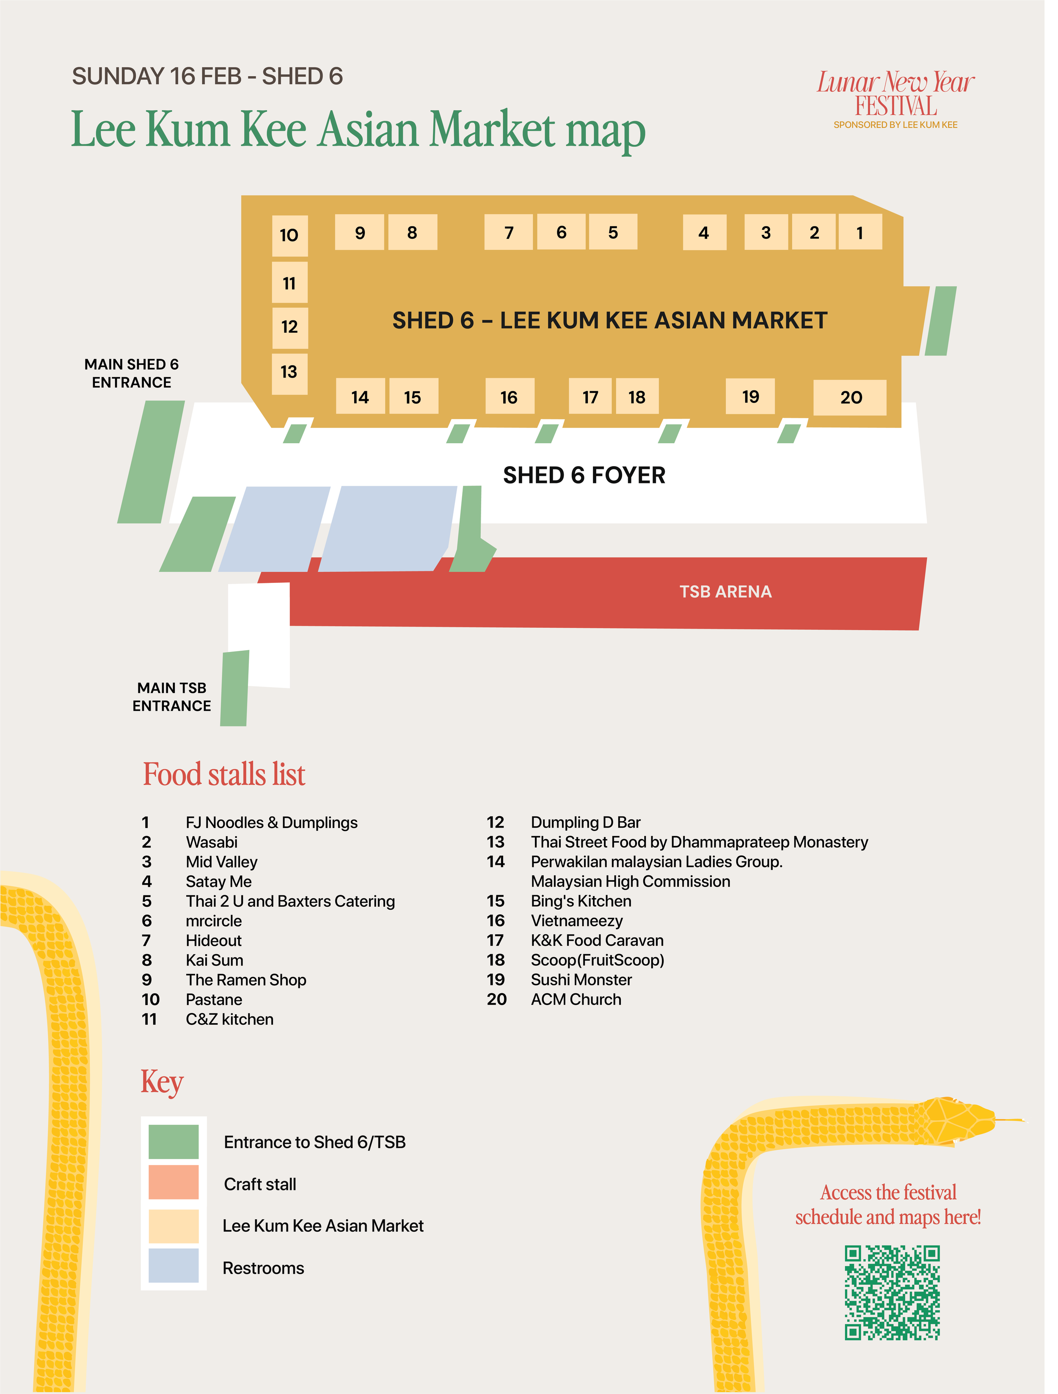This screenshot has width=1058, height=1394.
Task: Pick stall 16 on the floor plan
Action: click(x=515, y=401)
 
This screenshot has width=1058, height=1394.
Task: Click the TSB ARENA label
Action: click(x=735, y=599)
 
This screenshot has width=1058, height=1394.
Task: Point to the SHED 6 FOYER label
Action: click(x=592, y=481)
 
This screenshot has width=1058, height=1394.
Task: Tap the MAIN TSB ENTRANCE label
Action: click(x=174, y=705)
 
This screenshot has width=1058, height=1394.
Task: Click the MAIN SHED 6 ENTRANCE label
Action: click(x=133, y=378)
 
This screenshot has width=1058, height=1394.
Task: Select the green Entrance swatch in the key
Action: click(x=175, y=1155)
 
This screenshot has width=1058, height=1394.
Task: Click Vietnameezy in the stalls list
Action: click(x=584, y=932)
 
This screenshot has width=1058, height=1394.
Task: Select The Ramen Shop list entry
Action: click(x=249, y=991)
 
